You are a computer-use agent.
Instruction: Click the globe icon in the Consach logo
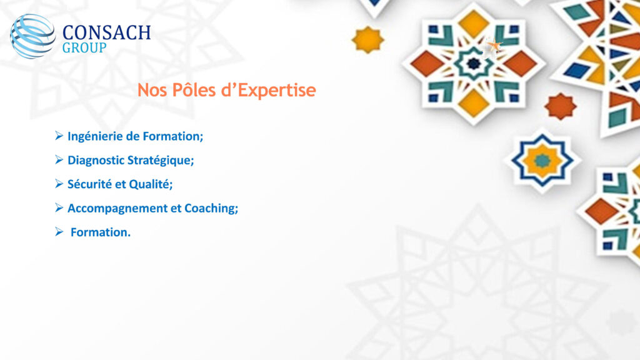point(32,36)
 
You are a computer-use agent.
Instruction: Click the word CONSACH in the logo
point(106,32)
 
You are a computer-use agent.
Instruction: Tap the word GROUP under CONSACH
point(84,47)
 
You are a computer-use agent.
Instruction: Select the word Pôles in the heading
point(194,90)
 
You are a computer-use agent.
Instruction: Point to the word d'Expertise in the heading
point(269,91)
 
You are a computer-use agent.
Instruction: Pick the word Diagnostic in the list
point(96,160)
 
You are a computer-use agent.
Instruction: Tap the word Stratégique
point(161,161)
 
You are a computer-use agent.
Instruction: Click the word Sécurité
point(89,184)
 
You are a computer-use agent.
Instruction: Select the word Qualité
point(151,184)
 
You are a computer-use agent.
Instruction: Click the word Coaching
point(211,209)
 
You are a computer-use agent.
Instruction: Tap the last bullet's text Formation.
point(101,232)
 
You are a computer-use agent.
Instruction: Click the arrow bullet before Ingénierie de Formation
point(59,136)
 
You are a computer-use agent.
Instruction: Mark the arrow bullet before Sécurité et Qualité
point(59,184)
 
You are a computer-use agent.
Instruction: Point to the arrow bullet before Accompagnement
point(59,207)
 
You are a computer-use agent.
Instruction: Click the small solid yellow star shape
point(367,39)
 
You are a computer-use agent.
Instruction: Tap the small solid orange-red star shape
point(561,106)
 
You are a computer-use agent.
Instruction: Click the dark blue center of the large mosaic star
point(474,63)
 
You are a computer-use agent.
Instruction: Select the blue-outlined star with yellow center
point(542,161)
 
